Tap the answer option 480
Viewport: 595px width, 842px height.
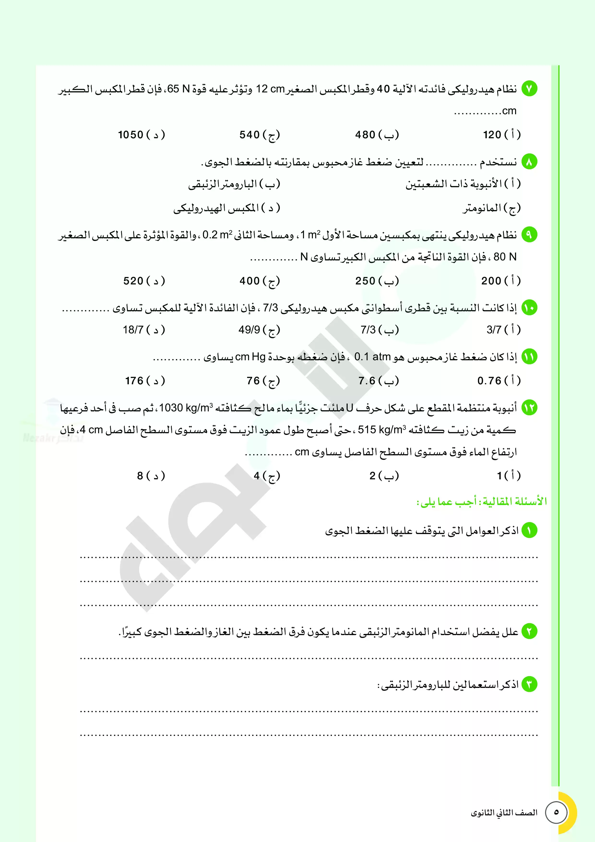point(376,135)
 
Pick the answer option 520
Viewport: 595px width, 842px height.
point(144,281)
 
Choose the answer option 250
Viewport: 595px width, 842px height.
point(376,281)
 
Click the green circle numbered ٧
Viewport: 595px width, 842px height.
point(529,89)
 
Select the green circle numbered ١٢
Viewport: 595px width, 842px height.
point(529,407)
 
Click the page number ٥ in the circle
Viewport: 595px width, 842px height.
point(556,812)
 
